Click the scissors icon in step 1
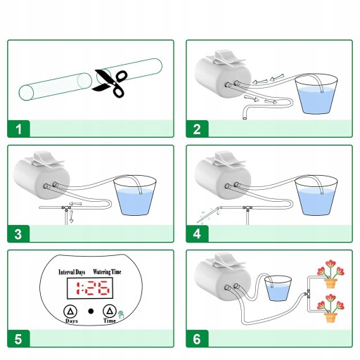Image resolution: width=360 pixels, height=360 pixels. point(110,83)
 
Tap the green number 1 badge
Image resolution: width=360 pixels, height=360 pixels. point(18,129)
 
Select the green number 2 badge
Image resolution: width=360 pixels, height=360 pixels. point(197,129)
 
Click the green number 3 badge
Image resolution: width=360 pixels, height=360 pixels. point(18,233)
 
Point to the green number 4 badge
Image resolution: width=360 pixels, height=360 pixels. point(197,233)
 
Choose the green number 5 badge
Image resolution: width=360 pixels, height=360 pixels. point(18,339)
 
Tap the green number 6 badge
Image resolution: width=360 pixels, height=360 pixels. point(197,339)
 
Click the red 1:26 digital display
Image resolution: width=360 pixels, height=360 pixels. point(93,288)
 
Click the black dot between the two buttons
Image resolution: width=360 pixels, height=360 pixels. point(91,311)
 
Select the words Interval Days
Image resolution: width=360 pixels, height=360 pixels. point(72,272)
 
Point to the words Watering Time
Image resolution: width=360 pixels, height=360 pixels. point(107,272)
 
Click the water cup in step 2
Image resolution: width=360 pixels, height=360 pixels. point(316,94)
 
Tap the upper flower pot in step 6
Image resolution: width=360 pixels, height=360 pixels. point(330,283)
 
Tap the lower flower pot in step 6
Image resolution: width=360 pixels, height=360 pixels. point(330,318)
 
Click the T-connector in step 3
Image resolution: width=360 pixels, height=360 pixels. point(67,208)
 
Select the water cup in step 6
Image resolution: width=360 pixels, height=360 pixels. point(278,288)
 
